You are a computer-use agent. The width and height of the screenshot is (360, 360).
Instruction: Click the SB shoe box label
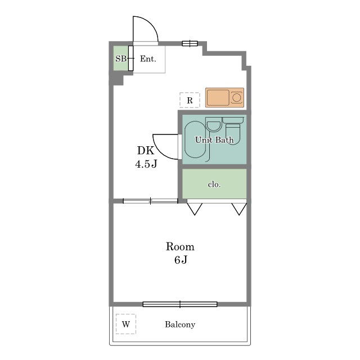pos(121,58)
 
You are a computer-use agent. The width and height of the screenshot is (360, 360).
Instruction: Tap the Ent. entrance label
pos(148,58)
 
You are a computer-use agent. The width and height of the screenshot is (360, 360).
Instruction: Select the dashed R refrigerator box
pos(190,100)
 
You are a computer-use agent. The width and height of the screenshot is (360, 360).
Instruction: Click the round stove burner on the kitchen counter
pos(236,97)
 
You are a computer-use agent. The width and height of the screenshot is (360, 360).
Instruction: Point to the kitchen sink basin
pos(218,97)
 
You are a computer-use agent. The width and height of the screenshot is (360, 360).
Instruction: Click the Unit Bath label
pos(214,140)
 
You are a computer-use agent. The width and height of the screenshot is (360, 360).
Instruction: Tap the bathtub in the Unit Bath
pos(195,139)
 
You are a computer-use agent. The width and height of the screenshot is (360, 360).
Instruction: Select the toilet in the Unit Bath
pos(233,131)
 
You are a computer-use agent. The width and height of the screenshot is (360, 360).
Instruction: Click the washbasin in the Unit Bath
pos(213,125)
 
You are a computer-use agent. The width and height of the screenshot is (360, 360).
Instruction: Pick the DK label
pos(146,151)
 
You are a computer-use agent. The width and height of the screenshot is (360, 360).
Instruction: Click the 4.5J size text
pos(146,164)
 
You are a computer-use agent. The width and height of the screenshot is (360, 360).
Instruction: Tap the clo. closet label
pos(214,184)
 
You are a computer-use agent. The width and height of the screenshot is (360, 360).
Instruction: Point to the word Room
pos(180,246)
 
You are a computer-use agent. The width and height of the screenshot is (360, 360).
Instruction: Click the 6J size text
pos(181,260)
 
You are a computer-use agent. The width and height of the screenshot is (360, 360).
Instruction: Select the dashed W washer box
pos(126,324)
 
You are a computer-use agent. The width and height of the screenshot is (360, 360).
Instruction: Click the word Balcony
pos(180,325)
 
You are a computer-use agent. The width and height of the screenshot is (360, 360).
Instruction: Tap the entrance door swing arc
pos(151,24)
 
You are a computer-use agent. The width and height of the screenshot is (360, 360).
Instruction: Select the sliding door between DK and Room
pos(150,201)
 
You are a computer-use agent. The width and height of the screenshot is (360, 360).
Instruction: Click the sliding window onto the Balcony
pos(180,304)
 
